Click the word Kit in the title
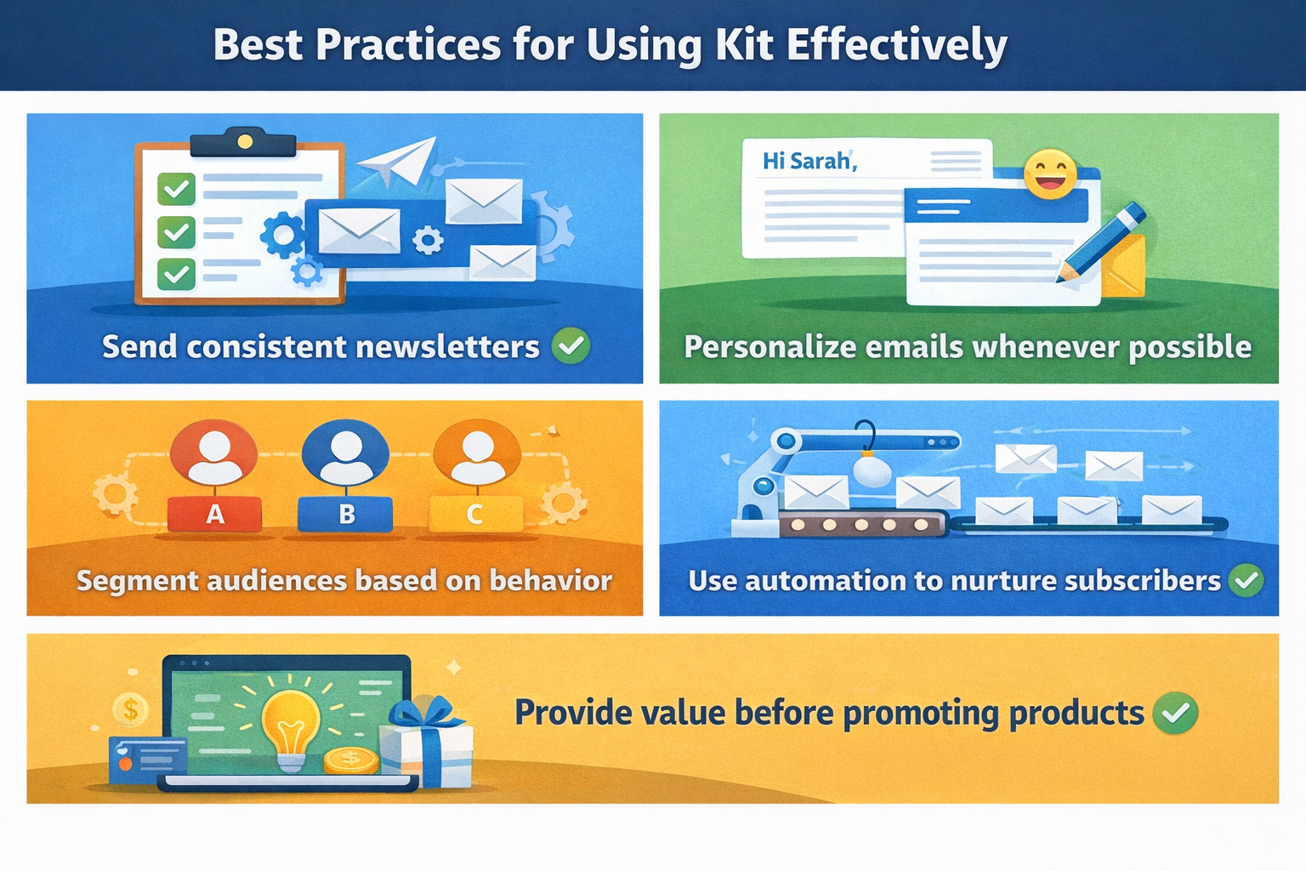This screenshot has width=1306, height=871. coord(744,45)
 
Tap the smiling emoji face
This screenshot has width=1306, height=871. coord(1050,174)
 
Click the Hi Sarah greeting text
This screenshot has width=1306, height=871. coord(809,161)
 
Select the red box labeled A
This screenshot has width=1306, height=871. coord(214,514)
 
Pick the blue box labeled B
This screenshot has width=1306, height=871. coord(345,514)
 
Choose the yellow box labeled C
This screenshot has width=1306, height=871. coord(476,514)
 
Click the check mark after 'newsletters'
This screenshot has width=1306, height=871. coord(571,346)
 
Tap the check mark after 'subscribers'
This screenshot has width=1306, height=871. coord(1246,580)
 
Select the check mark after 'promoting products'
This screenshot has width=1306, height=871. coord(1175,713)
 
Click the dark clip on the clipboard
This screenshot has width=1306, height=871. coord(244,143)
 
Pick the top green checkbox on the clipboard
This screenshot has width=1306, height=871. coord(176,189)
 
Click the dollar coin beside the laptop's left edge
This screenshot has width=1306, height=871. coord(131,709)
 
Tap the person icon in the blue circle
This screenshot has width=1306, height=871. coord(346,457)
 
